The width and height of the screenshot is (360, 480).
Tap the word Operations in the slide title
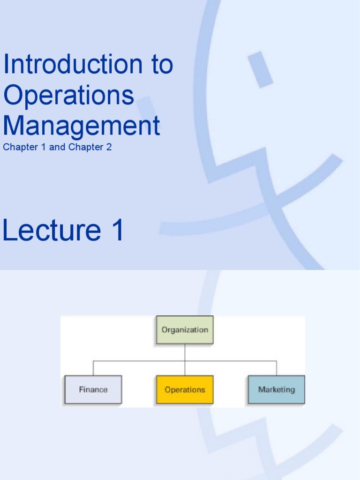[x=68, y=95]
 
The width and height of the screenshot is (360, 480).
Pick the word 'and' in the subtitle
[x=57, y=147]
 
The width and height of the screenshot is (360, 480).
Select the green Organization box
[x=185, y=330]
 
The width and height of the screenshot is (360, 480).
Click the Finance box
[x=93, y=390]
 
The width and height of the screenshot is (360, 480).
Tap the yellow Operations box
[x=185, y=390]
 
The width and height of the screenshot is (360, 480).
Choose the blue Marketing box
[x=277, y=390]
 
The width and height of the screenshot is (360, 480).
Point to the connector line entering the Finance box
[x=93, y=368]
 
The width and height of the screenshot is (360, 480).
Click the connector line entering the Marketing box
[x=277, y=368]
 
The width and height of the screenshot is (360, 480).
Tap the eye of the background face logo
[x=261, y=69]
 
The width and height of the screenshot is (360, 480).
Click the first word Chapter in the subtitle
[x=18, y=147]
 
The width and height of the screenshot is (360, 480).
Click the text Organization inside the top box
[x=185, y=330]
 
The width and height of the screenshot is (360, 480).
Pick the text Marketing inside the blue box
[x=277, y=390]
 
